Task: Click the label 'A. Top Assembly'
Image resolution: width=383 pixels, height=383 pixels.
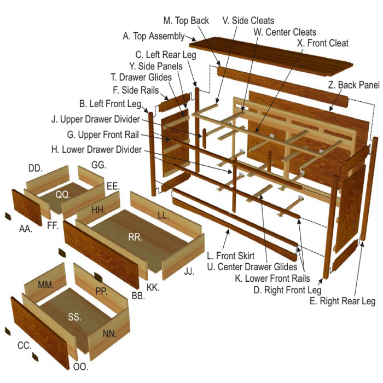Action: pyautogui.click(x=154, y=36)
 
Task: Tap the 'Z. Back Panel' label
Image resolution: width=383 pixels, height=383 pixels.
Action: pyautogui.click(x=353, y=85)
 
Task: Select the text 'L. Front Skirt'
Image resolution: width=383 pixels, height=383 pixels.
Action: pyautogui.click(x=230, y=256)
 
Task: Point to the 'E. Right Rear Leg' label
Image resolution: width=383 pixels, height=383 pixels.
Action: pyautogui.click(x=343, y=301)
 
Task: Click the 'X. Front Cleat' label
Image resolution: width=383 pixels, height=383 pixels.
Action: pyautogui.click(x=323, y=43)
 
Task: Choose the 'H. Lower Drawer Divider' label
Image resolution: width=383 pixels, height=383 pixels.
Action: pyautogui.click(x=96, y=149)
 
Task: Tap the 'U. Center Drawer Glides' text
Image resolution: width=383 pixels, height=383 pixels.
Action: pyautogui.click(x=252, y=267)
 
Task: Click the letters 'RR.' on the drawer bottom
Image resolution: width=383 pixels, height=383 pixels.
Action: pyautogui.click(x=135, y=237)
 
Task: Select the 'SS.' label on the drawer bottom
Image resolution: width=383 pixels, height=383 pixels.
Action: pyautogui.click(x=74, y=317)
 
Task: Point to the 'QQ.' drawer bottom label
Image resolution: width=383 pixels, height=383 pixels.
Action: pyautogui.click(x=63, y=194)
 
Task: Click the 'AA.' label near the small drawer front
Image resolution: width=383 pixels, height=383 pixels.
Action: pyautogui.click(x=26, y=229)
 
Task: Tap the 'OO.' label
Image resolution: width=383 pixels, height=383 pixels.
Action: pyautogui.click(x=80, y=367)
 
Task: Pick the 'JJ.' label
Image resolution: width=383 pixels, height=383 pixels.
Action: pyautogui.click(x=189, y=271)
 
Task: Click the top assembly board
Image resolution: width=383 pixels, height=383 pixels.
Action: pyautogui.click(x=271, y=57)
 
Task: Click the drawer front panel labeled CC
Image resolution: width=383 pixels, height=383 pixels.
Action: pyautogui.click(x=40, y=333)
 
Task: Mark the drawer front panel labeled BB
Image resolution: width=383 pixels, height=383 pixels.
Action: pyautogui.click(x=101, y=254)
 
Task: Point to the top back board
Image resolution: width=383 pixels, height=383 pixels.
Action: pyautogui.click(x=283, y=87)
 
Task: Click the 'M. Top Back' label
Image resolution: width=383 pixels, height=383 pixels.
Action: pyautogui.click(x=186, y=21)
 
